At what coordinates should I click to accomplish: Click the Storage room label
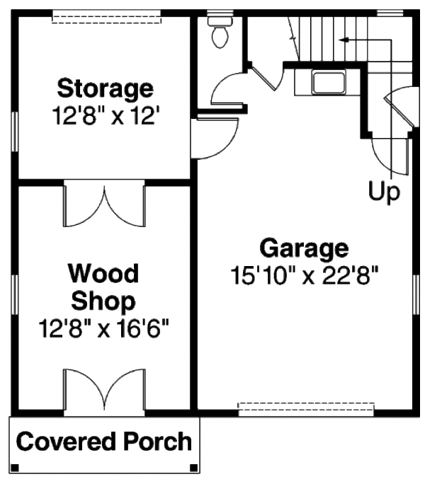click(105, 89)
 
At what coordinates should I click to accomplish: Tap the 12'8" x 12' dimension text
click(105, 115)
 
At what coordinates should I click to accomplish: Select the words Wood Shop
click(104, 287)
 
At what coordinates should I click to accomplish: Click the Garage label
click(304, 248)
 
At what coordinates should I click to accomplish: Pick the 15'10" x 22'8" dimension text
click(305, 275)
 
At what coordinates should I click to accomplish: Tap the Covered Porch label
click(104, 442)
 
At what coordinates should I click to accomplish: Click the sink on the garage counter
click(327, 81)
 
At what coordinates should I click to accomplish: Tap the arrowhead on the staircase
click(343, 40)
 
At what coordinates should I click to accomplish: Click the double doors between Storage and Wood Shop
click(105, 204)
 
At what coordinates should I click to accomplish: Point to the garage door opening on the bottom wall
click(305, 408)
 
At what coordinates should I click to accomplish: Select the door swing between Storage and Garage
click(213, 137)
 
